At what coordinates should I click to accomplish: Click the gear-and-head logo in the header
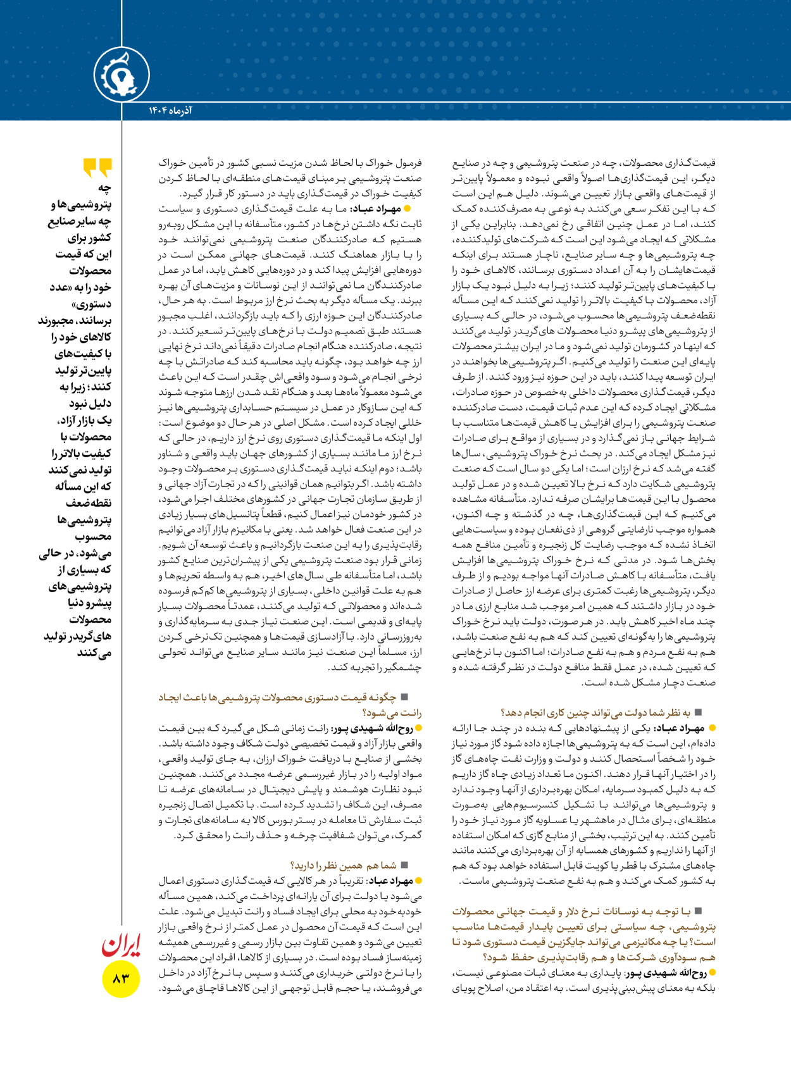pos(121,75)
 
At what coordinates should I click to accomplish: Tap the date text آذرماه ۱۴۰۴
pos(170,111)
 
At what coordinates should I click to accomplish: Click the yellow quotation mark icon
pos(97,168)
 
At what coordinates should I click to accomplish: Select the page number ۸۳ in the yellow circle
pos(121,978)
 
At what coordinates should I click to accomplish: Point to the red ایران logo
pos(120,945)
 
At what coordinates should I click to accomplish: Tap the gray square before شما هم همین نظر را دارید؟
pos(404,865)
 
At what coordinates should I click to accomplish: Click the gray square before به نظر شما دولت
pos(698,712)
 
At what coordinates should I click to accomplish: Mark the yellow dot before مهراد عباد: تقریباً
pos(418,881)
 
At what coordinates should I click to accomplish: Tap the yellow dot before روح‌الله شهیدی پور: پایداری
pos(713,973)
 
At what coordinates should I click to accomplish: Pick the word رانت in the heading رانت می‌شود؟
pos(411,712)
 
